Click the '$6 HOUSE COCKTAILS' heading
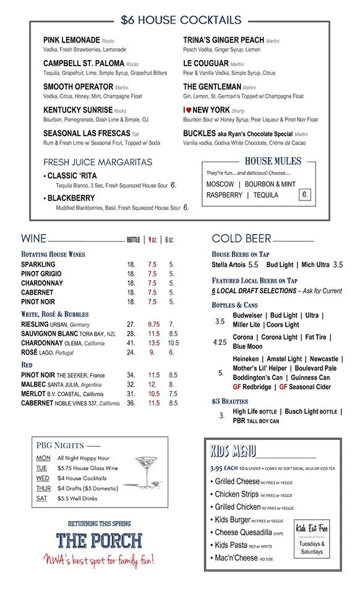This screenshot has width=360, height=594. [x=181, y=20]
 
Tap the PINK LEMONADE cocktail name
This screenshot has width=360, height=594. [x=71, y=40]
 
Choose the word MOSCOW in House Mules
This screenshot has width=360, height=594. [x=220, y=184]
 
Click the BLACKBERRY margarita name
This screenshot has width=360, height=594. [x=71, y=199]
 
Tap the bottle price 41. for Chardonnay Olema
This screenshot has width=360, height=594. [x=131, y=343]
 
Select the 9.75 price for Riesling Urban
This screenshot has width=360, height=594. [x=153, y=324]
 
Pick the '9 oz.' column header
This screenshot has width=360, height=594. [x=152, y=240]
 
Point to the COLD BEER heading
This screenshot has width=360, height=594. [x=241, y=239]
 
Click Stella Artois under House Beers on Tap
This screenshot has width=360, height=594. [x=229, y=265]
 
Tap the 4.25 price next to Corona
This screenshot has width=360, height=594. [x=220, y=342]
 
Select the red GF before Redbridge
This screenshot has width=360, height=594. [x=238, y=387]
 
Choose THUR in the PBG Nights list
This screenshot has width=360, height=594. [x=43, y=488]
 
